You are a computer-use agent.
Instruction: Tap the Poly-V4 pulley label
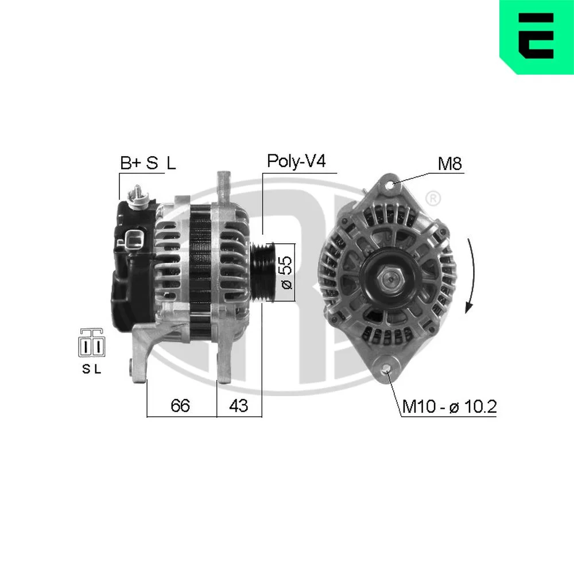click(296, 161)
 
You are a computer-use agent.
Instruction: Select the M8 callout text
click(450, 164)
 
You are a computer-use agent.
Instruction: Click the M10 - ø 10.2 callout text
click(449, 406)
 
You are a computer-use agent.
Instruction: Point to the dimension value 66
click(180, 406)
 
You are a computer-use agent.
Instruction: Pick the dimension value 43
click(238, 406)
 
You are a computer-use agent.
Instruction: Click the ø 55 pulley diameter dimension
click(285, 272)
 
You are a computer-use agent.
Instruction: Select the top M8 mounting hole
click(390, 184)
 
